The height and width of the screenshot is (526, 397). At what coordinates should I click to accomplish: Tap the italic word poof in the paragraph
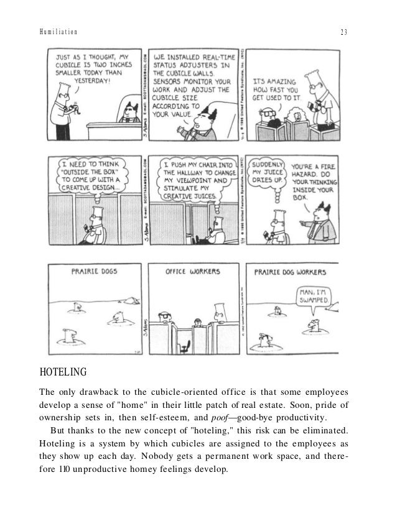[x=215, y=416]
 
